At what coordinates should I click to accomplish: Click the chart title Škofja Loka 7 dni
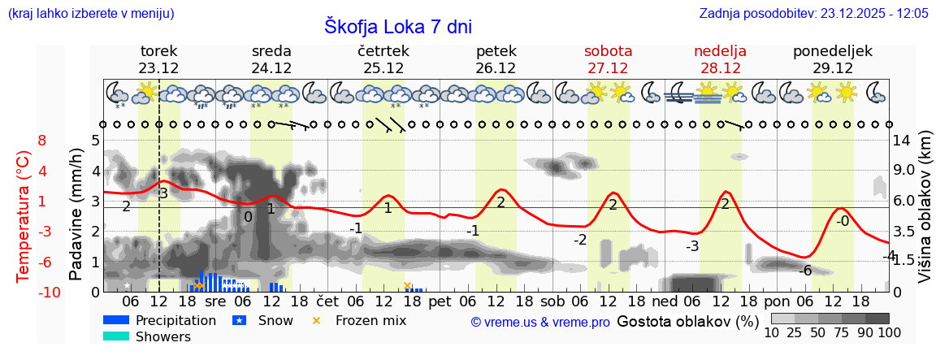[x=398, y=26]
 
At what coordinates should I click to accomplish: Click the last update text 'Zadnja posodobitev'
[x=813, y=14]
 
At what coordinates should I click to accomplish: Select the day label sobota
[x=608, y=51]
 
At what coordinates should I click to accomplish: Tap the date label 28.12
[x=720, y=68]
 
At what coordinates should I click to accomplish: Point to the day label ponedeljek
[x=833, y=51]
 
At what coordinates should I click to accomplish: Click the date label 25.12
[x=383, y=68]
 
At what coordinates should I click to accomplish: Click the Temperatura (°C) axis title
[x=24, y=215]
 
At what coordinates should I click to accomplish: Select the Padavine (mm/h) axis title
[x=76, y=215]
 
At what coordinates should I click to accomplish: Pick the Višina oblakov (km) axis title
[x=925, y=215]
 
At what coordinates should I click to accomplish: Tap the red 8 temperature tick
[x=42, y=141]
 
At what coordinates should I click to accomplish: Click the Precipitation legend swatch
[x=116, y=320]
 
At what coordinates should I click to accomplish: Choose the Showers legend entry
[x=163, y=336]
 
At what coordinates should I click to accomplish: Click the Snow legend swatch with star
[x=240, y=320]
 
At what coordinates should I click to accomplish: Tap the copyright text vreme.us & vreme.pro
[x=540, y=322]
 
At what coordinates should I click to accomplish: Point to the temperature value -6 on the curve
[x=805, y=271]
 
